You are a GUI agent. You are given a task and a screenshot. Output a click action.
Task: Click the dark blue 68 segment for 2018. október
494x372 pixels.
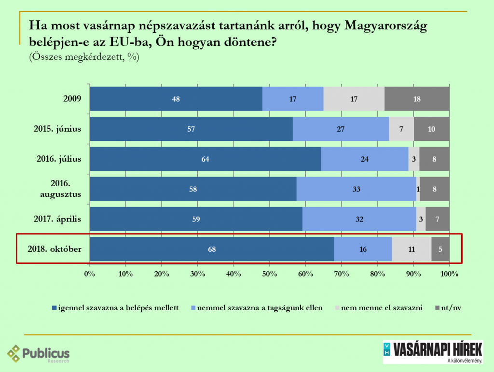point(212,249)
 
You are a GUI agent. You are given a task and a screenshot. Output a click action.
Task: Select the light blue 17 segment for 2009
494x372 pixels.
point(293,99)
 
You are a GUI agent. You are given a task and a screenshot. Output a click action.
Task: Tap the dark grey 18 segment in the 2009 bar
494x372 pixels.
point(417,99)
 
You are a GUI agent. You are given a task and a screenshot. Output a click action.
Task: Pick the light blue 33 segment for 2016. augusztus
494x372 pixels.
point(356,189)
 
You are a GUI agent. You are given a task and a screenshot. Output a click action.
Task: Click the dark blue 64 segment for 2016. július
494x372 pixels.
point(206,159)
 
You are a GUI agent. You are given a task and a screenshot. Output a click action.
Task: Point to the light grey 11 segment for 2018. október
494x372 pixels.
point(412,249)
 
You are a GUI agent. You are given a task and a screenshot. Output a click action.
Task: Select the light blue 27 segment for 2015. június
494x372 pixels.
point(341,129)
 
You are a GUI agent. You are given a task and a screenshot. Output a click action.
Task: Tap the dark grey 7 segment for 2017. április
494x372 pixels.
point(438,219)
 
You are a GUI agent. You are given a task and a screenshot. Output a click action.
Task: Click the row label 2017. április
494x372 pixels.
point(57,219)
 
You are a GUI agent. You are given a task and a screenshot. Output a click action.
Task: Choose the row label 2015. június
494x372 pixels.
point(57,129)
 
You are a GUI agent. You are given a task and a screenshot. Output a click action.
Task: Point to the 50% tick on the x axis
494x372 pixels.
point(270,274)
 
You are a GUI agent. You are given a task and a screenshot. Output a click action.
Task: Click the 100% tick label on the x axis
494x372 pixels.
point(449,274)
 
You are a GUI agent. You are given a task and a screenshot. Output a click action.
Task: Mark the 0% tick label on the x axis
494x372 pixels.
point(90,274)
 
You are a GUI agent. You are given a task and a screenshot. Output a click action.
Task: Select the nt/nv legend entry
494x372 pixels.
point(451,308)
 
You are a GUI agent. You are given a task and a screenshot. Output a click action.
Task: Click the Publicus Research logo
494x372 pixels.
point(39,354)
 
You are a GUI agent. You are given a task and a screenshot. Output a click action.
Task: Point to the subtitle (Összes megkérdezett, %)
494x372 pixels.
point(84,57)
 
